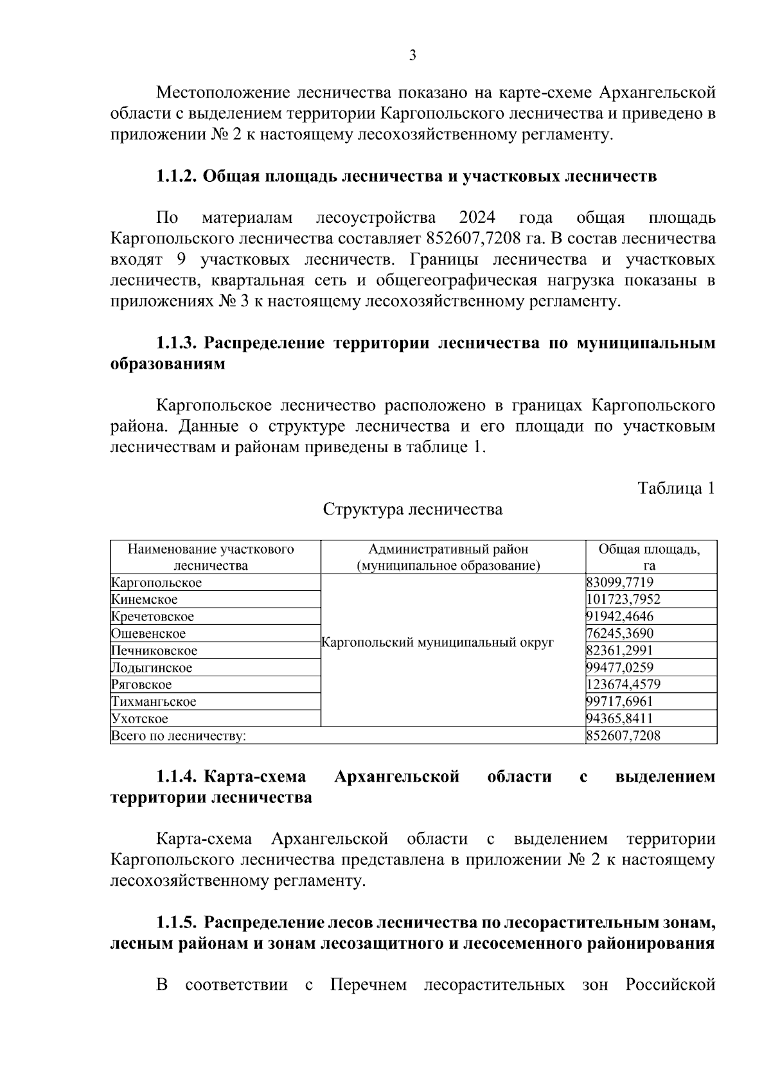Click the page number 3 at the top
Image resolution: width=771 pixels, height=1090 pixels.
[x=412, y=56]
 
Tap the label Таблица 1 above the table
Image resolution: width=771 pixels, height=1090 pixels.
[x=676, y=489]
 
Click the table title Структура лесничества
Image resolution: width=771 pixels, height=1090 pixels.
[x=412, y=510]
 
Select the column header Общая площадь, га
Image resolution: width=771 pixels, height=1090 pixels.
[x=650, y=558]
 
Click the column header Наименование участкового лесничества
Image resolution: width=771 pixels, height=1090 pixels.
[x=211, y=558]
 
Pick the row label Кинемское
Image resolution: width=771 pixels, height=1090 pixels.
[x=145, y=600]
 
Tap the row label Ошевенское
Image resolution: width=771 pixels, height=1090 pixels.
[x=148, y=634]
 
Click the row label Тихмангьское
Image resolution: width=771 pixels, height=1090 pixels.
[x=154, y=702]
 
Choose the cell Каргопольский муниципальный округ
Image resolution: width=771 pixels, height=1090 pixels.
[x=437, y=643]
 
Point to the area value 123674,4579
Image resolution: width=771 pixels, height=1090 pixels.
[x=623, y=685]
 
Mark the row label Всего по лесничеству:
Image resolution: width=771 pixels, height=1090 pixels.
[x=179, y=736]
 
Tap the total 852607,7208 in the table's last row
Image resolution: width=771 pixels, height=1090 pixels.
[x=623, y=736]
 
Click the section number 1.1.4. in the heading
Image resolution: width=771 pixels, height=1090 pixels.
[x=176, y=777]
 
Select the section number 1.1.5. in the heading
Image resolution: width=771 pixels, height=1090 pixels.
[x=176, y=924]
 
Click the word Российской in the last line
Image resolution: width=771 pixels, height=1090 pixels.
[x=670, y=986]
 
